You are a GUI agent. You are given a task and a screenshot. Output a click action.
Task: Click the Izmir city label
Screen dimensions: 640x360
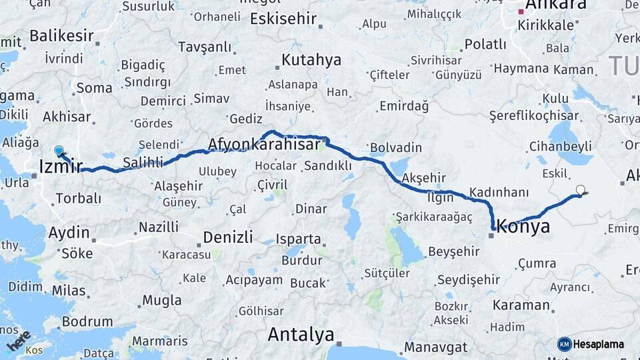coord(61,166)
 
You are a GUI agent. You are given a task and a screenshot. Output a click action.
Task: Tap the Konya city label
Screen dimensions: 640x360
coord(524,227)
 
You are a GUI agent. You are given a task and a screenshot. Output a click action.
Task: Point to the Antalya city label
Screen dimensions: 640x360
coord(301,334)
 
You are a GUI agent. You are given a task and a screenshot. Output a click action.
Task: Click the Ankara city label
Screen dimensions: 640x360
coord(556,5)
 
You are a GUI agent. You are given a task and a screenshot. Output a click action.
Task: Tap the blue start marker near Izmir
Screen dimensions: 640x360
coord(59,151)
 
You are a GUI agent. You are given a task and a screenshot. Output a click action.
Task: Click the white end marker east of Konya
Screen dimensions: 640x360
coord(581,190)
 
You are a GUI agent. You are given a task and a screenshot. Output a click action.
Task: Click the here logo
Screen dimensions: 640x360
coord(18,341)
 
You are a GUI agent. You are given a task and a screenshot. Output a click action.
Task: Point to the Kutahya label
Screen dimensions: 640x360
coord(311,60)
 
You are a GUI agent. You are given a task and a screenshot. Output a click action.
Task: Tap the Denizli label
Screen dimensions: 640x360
coord(228,237)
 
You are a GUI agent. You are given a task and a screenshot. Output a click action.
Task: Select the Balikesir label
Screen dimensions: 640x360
coord(61,36)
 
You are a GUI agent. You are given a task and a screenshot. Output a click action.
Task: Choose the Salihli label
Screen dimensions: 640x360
coord(143,163)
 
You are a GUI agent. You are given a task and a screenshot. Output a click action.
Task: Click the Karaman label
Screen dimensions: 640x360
coord(521,305)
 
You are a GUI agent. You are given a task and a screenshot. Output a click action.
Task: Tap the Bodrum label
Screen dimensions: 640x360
coord(87,321)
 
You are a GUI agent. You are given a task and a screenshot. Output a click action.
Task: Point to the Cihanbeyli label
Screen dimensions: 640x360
coord(561,145)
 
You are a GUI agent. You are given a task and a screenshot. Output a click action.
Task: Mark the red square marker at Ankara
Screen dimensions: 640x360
coord(521,11)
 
